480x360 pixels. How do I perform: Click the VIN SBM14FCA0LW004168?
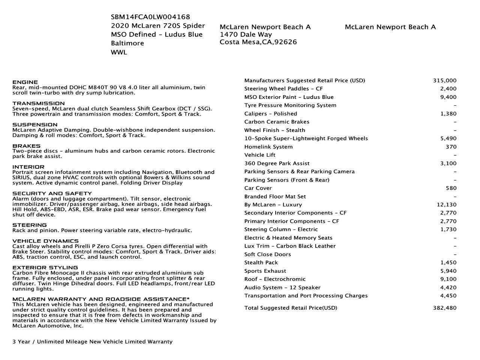150,17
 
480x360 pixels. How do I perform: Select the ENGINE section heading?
25,82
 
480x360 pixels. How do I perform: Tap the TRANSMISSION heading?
39,103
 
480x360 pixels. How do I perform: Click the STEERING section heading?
30,225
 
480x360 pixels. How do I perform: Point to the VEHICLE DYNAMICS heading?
45,241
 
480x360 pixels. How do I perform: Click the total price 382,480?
445,308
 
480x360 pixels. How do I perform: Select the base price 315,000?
445,81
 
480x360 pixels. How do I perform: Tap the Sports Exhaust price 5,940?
448,271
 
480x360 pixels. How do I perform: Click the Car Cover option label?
258,188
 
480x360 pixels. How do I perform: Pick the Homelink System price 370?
451,147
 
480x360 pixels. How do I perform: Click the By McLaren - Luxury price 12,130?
447,205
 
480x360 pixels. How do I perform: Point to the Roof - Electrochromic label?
275,279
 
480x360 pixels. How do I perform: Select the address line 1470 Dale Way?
246,34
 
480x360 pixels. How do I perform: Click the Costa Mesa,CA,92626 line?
258,42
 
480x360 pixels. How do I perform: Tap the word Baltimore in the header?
127,43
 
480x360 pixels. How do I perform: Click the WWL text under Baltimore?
119,52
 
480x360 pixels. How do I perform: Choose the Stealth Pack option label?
261,262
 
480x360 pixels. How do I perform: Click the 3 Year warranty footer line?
93,342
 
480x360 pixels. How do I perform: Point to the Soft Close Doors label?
267,254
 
